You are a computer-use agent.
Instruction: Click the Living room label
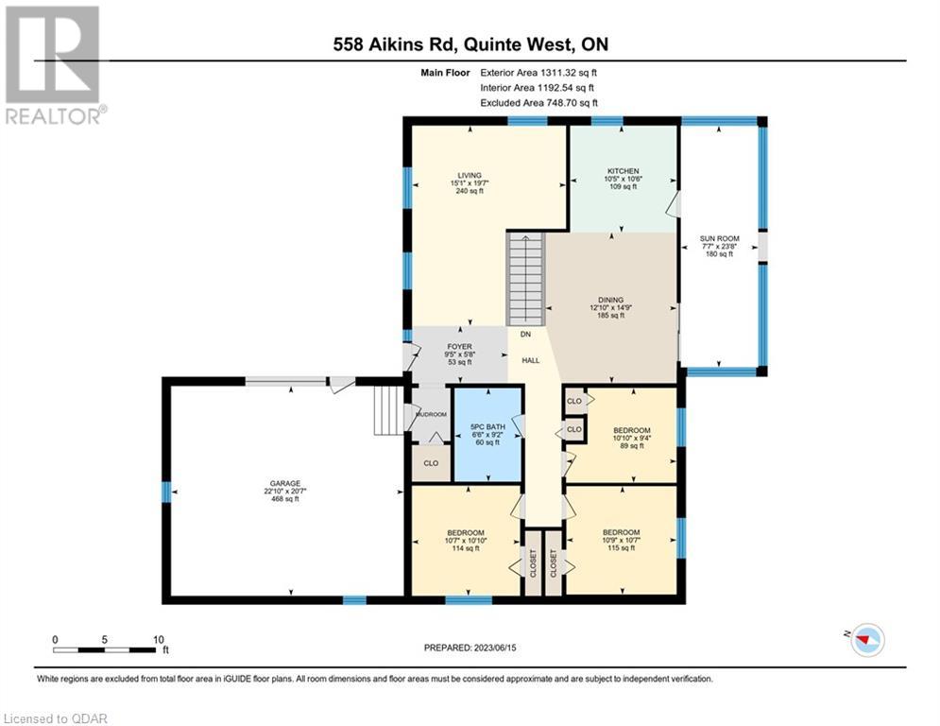click(x=470, y=183)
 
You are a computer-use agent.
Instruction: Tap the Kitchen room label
click(x=623, y=179)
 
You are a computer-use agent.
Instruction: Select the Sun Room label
click(x=719, y=246)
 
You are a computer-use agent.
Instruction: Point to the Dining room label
click(x=611, y=307)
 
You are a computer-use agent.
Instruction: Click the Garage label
click(x=284, y=491)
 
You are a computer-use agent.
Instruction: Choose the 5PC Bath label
click(x=487, y=435)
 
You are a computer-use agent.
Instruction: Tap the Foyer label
click(x=460, y=354)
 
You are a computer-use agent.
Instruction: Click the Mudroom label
click(x=431, y=415)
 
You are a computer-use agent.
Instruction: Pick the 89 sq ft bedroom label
click(x=632, y=438)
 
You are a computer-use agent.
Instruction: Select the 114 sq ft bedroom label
click(x=466, y=541)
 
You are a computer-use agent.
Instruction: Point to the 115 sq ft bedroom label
click(x=621, y=540)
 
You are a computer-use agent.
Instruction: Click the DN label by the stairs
click(x=525, y=335)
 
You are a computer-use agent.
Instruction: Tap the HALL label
click(x=531, y=360)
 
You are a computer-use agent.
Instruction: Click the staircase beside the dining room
click(x=526, y=280)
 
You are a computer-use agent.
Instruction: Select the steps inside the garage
click(x=389, y=410)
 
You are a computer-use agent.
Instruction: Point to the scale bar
click(x=104, y=649)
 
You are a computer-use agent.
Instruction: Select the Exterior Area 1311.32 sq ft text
click(x=538, y=73)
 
